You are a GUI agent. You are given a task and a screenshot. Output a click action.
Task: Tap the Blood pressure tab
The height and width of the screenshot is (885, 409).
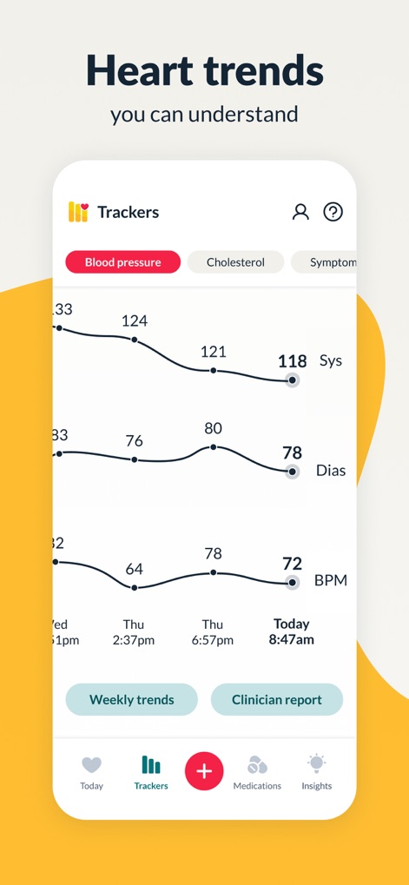pos(122,262)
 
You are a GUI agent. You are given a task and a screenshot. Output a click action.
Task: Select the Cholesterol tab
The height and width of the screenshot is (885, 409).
pos(235,262)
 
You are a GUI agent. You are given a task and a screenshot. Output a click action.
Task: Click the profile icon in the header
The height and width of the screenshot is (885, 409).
pos(300,212)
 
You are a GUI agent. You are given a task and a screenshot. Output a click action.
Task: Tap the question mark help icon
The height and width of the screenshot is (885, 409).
pos(333,212)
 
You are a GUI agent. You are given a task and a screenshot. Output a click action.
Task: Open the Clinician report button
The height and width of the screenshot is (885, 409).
pos(277,699)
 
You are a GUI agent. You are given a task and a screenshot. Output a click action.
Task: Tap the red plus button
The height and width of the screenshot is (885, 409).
pos(204,771)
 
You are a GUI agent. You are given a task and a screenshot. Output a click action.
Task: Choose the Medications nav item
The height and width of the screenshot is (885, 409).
pos(257,772)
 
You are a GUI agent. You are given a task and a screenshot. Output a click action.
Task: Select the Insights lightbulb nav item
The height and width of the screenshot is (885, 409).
pos(316,772)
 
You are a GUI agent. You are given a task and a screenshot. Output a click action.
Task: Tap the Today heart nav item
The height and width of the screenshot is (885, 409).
pos(91,772)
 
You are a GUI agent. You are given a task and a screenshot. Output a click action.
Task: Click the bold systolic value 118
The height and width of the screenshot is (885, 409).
pos(293,361)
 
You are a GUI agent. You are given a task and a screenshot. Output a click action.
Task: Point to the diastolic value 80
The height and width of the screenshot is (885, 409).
pos(213,428)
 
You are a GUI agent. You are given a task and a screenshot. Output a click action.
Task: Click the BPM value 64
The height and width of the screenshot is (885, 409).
pos(134,569)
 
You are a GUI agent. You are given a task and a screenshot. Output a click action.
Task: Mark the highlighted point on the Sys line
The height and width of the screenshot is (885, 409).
pos(293,380)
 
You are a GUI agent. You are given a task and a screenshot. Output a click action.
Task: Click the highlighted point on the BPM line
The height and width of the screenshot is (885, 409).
pos(292,583)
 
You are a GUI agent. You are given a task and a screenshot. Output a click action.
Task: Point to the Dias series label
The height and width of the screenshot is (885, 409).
pos(331,471)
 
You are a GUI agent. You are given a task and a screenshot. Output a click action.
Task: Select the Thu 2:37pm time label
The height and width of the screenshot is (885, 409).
pos(134,632)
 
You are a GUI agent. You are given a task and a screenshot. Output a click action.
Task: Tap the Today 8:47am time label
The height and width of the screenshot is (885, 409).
pos(292,632)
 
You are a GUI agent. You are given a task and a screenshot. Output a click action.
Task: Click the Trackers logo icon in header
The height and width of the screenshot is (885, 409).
pos(78,212)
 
